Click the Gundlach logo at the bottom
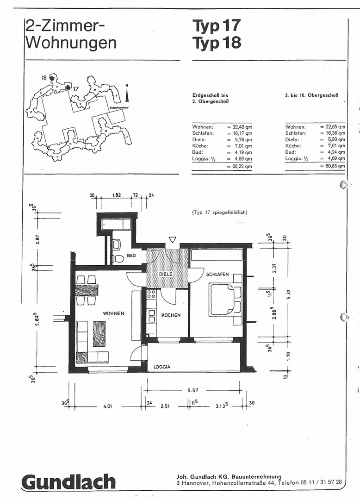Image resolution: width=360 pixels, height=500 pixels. (x=68, y=482)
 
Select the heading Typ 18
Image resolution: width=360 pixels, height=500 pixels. (x=217, y=43)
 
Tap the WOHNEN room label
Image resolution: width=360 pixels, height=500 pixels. (x=114, y=313)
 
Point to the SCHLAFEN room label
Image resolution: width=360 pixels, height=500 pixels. (x=218, y=275)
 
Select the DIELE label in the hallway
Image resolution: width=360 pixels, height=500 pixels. (x=166, y=274)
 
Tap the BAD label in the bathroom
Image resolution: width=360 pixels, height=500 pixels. (x=130, y=255)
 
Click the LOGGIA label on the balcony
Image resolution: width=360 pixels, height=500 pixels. (x=162, y=367)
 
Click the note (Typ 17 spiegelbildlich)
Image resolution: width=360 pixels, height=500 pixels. (x=220, y=212)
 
